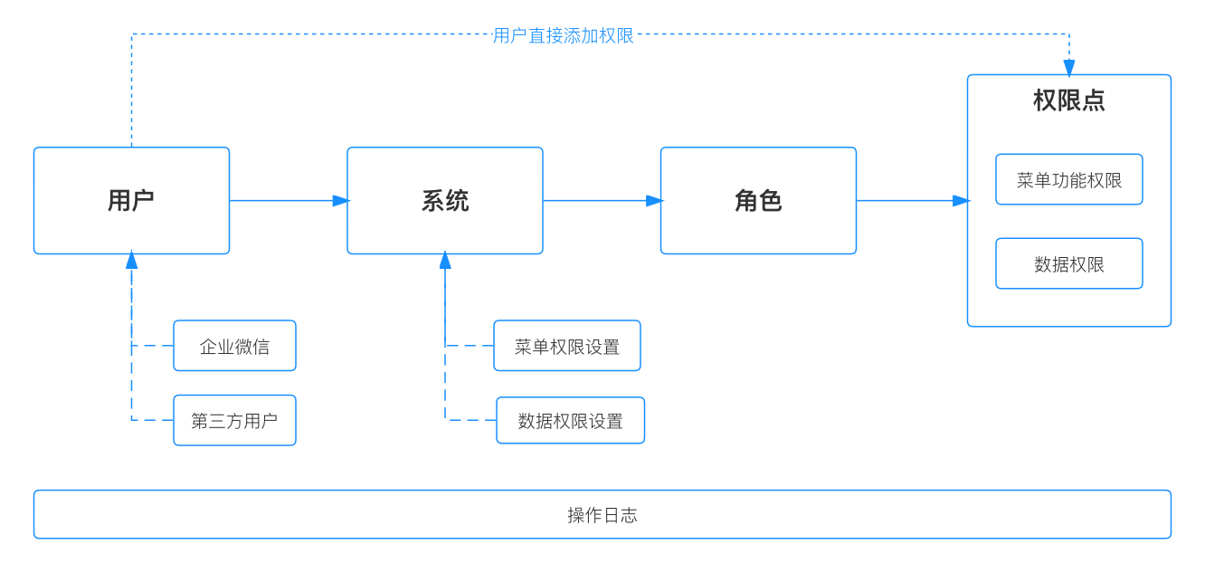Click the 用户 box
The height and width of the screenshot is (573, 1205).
[131, 200]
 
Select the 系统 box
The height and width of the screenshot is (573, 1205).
[444, 200]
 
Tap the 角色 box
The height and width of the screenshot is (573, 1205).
[758, 200]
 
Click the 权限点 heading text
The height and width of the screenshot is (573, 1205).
[1068, 100]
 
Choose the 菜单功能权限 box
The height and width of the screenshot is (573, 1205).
[1068, 179]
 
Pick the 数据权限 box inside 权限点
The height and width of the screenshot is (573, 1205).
[1068, 263]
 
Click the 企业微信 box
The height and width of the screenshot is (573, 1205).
[234, 346]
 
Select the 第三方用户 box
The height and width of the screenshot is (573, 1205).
[234, 420]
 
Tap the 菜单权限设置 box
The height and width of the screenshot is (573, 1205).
[566, 346]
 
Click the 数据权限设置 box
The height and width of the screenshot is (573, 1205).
[570, 420]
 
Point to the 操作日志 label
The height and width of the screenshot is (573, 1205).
[602, 515]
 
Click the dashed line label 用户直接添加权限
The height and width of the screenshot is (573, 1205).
[563, 35]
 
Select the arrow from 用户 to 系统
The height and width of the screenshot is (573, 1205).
[288, 200]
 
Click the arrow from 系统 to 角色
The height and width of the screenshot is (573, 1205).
[602, 200]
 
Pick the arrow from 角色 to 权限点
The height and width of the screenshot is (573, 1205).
[912, 200]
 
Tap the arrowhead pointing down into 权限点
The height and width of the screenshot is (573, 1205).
[1068, 68]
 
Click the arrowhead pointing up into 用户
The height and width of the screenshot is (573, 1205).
[131, 261]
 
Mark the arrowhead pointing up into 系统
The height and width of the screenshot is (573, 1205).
[445, 261]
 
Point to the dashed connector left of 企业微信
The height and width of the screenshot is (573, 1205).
[152, 346]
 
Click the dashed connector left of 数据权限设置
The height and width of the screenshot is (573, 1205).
[470, 420]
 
